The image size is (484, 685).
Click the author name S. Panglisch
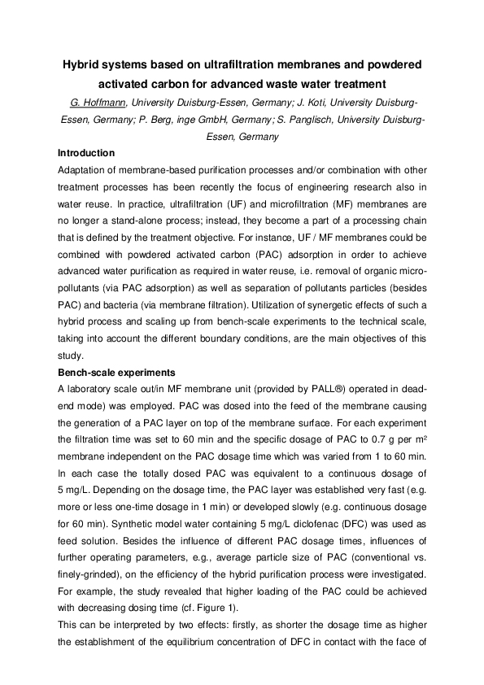(316, 120)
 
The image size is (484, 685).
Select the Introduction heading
(86, 153)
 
